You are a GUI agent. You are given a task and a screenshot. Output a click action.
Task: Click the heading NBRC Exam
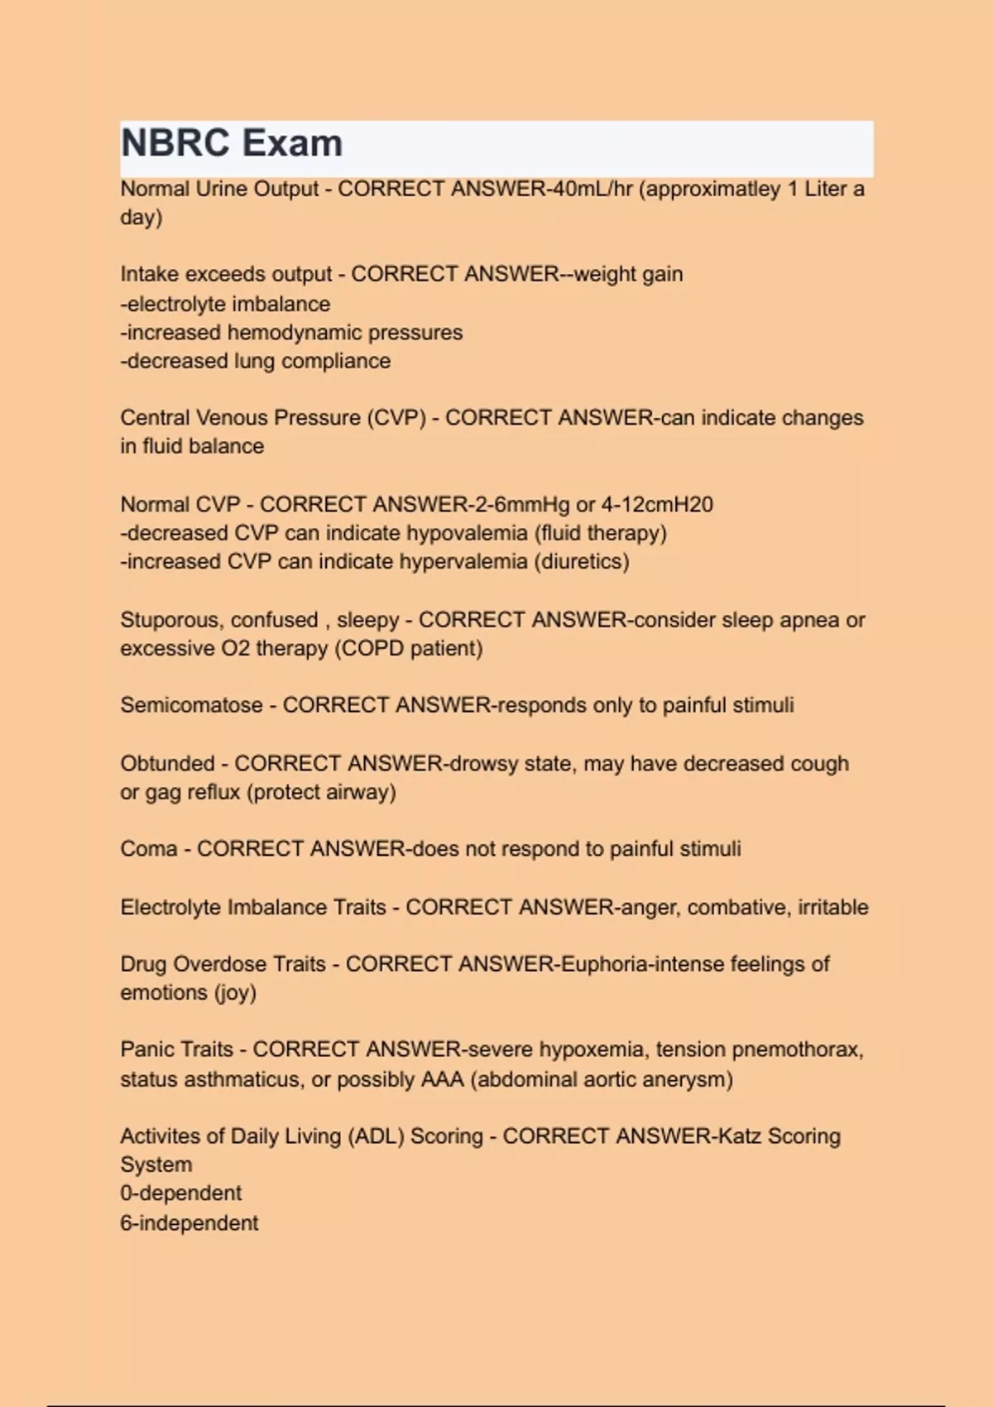pos(232,143)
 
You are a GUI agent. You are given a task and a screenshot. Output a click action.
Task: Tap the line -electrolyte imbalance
pos(225,305)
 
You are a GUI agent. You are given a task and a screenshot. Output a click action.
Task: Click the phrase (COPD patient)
pos(408,648)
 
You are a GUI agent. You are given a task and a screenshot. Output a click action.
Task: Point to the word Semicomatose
pos(191,705)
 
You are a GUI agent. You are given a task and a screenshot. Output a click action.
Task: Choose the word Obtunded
pos(167,763)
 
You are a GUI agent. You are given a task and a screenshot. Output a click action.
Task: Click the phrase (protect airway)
pos(321,792)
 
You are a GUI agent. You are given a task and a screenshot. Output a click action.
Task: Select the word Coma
pos(149,849)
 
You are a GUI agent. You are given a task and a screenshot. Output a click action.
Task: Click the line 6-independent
pos(189,1223)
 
